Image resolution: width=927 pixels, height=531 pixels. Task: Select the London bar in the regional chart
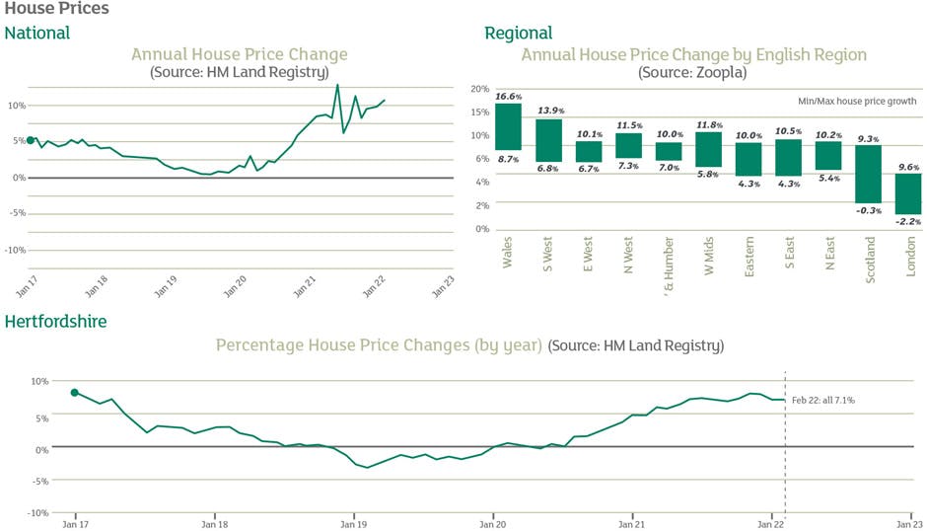click(907, 193)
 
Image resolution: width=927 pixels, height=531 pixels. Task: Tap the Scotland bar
click(868, 175)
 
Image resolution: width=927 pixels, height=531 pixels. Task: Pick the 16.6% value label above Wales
click(509, 97)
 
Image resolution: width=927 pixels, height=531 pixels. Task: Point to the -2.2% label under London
click(907, 222)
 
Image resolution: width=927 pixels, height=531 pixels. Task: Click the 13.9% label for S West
click(549, 112)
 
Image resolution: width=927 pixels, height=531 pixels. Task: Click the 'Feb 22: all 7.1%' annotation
click(822, 400)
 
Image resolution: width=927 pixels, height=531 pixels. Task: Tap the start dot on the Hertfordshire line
click(75, 393)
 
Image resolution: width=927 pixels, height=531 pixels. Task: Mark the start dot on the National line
click(31, 141)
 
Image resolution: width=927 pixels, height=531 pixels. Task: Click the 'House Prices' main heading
click(56, 9)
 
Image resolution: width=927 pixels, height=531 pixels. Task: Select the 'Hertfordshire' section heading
click(55, 322)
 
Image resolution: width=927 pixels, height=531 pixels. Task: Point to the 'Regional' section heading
click(518, 34)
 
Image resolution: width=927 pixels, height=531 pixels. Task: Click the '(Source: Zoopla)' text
click(693, 72)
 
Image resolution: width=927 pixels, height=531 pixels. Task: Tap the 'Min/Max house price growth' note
click(857, 101)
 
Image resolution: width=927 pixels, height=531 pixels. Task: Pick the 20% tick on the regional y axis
click(480, 89)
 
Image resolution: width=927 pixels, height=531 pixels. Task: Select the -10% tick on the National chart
click(15, 250)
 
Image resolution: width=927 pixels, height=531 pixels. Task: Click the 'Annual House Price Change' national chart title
click(239, 54)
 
